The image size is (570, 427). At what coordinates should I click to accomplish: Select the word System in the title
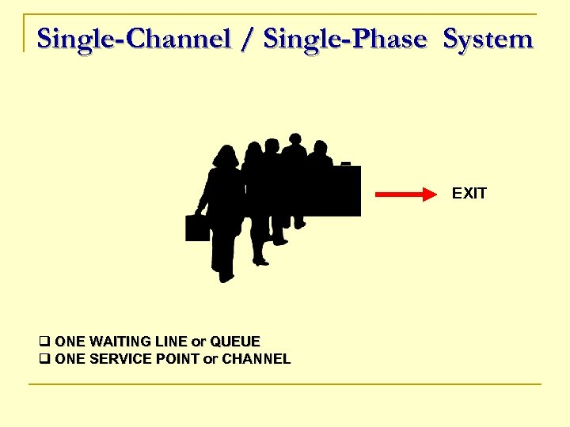(488, 38)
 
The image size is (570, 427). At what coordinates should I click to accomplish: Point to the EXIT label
(469, 194)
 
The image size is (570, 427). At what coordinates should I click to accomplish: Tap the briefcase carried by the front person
(197, 227)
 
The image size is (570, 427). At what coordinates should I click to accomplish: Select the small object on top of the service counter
(345, 163)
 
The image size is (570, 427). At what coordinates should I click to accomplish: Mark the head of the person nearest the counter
(319, 149)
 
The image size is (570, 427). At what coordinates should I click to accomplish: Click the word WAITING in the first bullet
(123, 342)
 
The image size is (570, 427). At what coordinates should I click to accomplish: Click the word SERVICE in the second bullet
(119, 359)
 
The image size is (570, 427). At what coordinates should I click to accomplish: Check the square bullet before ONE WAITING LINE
(44, 342)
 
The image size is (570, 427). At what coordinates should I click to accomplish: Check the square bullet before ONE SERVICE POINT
(44, 359)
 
